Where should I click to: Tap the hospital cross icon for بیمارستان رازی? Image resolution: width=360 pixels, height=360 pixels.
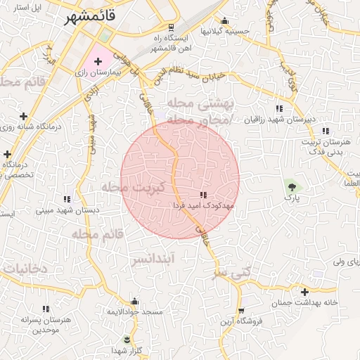98,63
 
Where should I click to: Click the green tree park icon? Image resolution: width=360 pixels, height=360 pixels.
291,186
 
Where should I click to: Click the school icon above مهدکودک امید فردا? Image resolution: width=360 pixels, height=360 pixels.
203,195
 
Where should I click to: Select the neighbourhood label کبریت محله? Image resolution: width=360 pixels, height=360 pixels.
134,188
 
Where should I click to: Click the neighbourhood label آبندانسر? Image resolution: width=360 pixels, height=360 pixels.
153,259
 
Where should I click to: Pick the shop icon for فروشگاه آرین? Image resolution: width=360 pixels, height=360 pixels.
241,310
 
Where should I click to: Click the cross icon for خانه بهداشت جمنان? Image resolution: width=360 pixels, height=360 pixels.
304,292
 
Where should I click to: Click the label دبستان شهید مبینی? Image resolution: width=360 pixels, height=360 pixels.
67,210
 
